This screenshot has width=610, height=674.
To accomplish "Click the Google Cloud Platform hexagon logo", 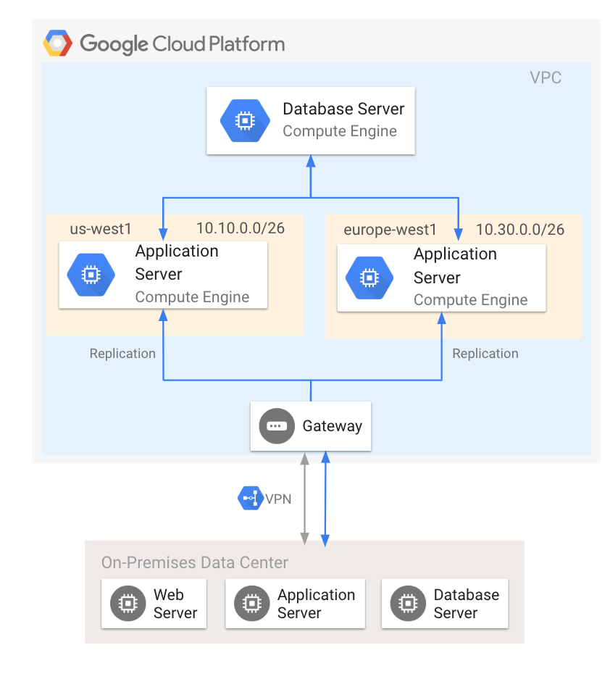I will click(57, 43).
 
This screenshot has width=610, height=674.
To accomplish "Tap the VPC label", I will click(546, 78).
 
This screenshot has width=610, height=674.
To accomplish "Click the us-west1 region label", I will click(101, 229).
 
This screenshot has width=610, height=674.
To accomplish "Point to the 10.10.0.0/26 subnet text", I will click(240, 228).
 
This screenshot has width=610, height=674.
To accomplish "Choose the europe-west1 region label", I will click(390, 230).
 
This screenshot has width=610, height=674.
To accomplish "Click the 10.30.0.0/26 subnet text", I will click(519, 230).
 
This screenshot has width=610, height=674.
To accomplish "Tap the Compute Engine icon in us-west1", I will click(91, 275).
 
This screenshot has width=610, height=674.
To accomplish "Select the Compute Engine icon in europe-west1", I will click(369, 278).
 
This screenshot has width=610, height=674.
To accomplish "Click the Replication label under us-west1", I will click(122, 354).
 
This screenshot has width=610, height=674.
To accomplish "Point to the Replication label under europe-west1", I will click(485, 354).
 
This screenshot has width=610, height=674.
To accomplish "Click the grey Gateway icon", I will click(277, 426).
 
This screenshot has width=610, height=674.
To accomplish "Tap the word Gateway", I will click(332, 426).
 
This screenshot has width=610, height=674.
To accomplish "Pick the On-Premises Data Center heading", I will click(194, 563).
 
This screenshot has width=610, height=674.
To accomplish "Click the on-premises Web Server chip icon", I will click(127, 603).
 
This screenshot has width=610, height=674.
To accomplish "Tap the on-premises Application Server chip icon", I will click(251, 603).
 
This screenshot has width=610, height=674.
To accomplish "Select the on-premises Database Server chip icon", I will click(407, 603).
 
